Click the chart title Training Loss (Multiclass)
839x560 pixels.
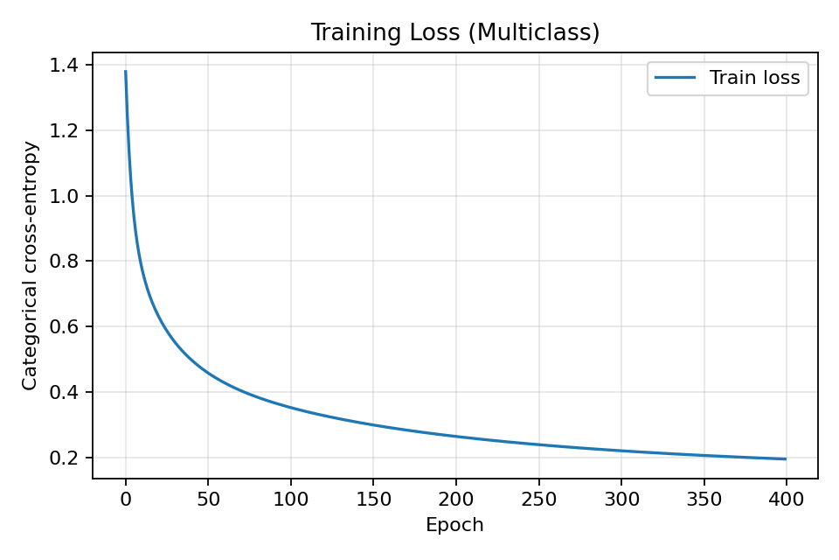click(455, 33)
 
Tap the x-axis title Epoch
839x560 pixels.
click(454, 525)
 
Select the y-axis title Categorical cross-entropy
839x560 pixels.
click(31, 265)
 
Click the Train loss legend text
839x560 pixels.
click(754, 78)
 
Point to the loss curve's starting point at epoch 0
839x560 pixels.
click(126, 72)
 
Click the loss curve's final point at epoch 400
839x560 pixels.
click(786, 458)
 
